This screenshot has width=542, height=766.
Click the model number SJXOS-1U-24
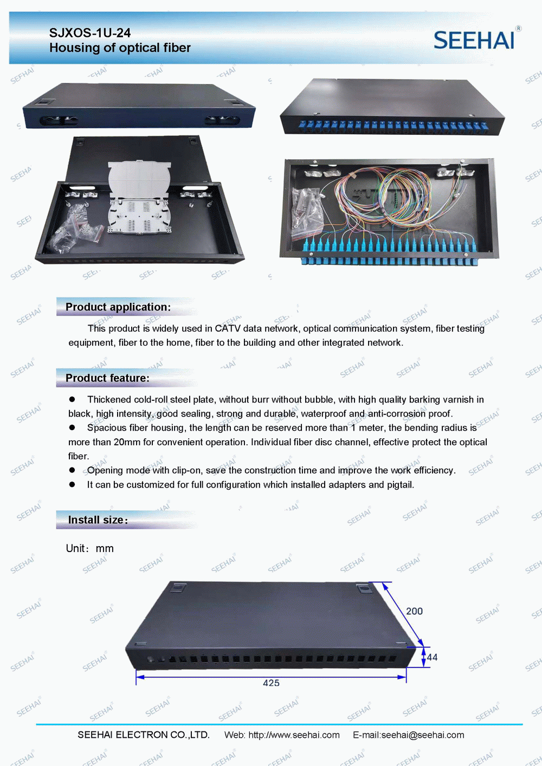click(90, 33)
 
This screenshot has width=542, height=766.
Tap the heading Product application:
click(118, 307)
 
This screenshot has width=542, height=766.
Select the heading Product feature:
click(107, 378)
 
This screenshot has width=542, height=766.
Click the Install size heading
click(98, 520)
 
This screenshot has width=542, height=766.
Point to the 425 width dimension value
click(271, 683)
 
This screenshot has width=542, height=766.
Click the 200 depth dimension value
click(414, 611)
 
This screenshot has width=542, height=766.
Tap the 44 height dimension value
click(432, 657)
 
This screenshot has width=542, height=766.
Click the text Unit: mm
click(89, 549)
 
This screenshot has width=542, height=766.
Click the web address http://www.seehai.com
click(294, 735)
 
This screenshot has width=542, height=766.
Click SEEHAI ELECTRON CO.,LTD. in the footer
click(144, 735)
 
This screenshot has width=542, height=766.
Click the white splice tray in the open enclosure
click(139, 197)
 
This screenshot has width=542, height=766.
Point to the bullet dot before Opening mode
click(72, 470)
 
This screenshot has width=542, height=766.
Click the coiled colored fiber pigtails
click(383, 198)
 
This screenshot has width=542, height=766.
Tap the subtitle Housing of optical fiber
click(120, 48)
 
